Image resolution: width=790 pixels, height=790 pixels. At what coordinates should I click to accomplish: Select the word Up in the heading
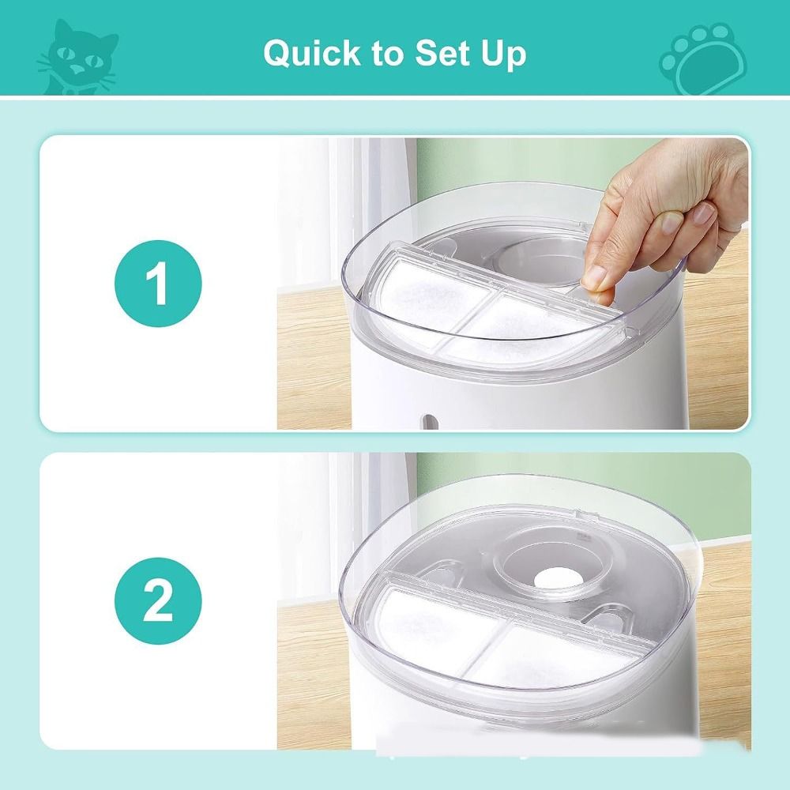(504, 55)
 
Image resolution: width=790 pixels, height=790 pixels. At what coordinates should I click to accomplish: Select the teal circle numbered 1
(158, 283)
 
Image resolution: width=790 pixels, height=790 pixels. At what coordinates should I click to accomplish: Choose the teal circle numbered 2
(158, 600)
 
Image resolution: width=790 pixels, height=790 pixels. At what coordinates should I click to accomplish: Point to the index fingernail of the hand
(672, 222)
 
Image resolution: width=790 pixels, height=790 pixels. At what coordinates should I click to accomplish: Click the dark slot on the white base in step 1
(429, 422)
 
